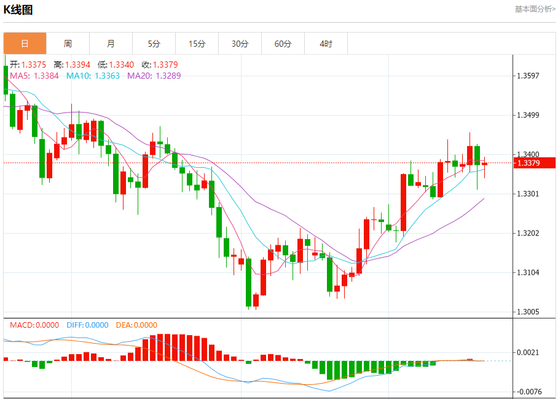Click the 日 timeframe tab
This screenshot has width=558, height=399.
click(25, 44)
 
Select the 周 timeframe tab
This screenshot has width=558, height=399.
click(68, 44)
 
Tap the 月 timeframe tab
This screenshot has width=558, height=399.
click(111, 44)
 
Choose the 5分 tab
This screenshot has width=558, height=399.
click(154, 44)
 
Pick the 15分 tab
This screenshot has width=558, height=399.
click(197, 44)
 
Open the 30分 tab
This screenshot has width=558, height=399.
click(240, 44)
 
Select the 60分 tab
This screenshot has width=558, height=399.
click(283, 44)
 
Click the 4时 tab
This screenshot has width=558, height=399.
click(326, 44)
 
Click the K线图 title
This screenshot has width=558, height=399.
click(18, 10)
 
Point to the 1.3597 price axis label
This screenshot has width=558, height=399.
click(529, 76)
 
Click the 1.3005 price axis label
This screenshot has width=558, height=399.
click(529, 312)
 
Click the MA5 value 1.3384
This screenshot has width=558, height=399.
click(46, 76)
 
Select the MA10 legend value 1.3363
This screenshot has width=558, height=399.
click(106, 76)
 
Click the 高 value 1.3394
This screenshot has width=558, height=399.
click(77, 65)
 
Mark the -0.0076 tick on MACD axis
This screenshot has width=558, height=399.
click(529, 392)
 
